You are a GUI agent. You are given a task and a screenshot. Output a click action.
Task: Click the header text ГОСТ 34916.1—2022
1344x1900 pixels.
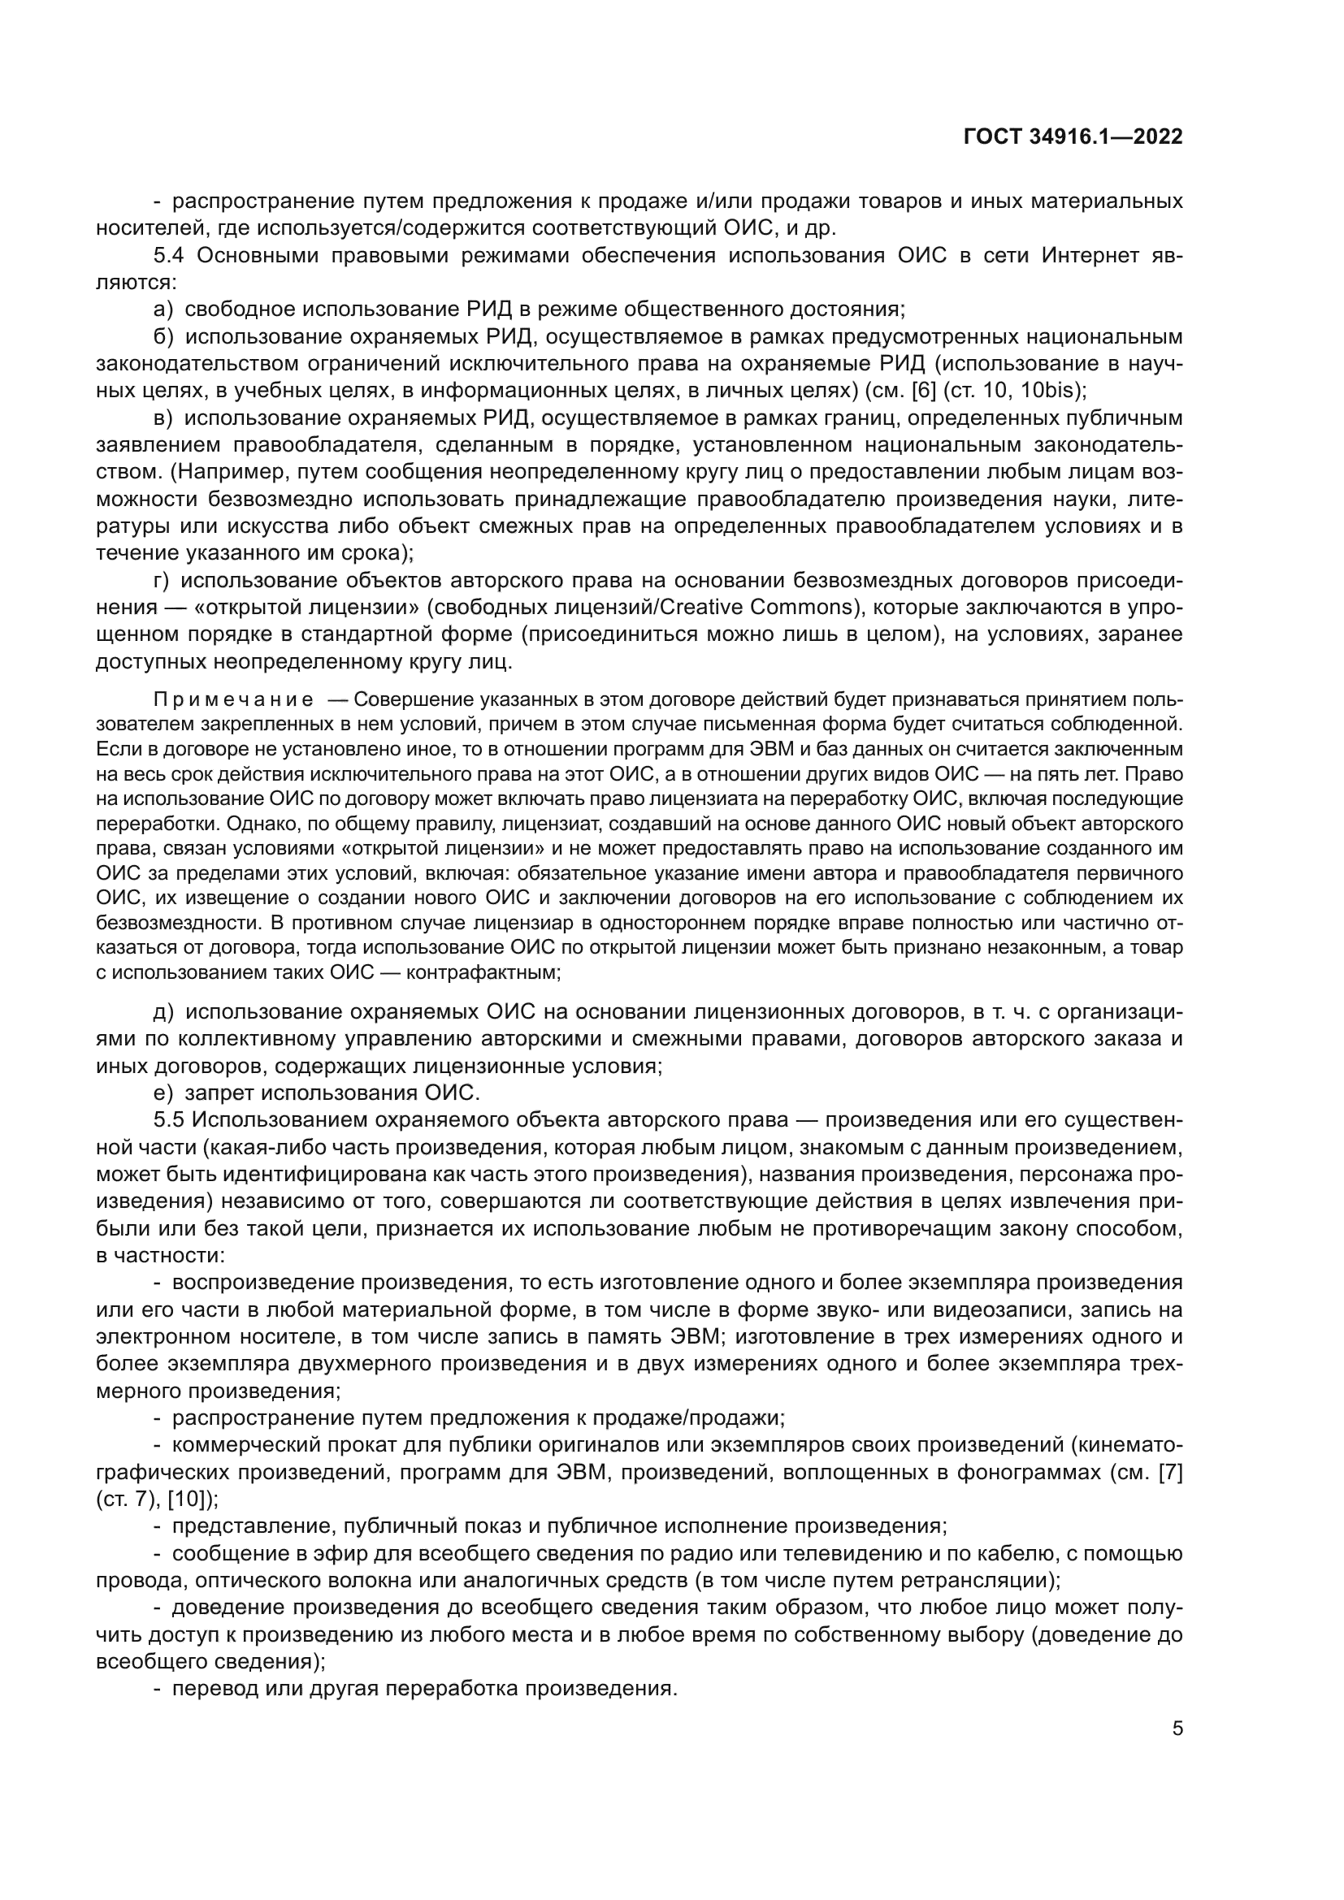pos(1073,137)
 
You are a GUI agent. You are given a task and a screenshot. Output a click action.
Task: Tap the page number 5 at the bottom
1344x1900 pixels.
pos(1177,1729)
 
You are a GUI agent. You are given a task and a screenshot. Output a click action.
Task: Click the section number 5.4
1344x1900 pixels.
pos(170,256)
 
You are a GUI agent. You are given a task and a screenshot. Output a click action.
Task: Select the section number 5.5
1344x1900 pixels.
pos(170,1120)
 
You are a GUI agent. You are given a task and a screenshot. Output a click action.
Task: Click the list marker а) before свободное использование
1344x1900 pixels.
pos(163,309)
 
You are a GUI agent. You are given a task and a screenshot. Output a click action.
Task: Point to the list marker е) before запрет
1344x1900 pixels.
pos(163,1093)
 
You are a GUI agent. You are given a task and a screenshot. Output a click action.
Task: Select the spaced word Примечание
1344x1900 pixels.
pos(233,700)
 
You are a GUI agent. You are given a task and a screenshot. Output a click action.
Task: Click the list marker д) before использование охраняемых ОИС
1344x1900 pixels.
pos(163,1012)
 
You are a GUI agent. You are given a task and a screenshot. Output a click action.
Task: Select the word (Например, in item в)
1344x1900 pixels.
pos(232,472)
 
